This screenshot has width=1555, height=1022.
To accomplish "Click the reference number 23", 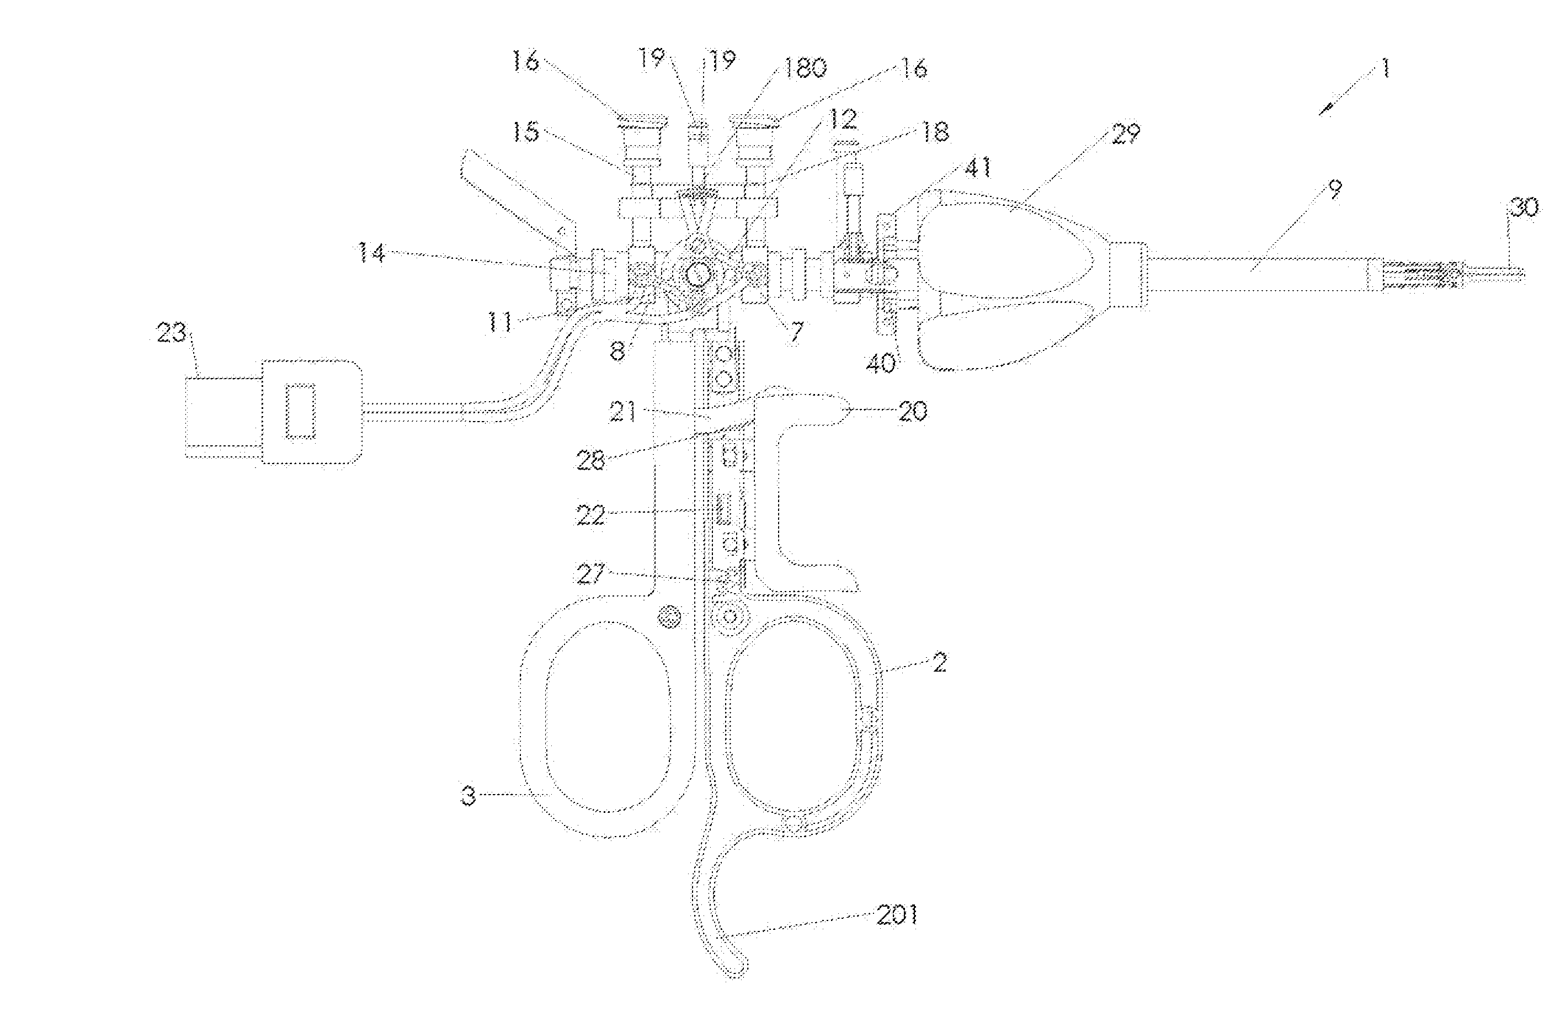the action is tap(172, 334).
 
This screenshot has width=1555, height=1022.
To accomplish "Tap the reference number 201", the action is tap(897, 915).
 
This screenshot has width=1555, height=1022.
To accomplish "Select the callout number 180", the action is tap(805, 67).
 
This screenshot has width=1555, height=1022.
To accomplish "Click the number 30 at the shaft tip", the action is tap(1523, 208).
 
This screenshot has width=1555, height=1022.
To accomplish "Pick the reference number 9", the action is tap(1335, 189).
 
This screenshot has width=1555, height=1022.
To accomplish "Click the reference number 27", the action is tap(590, 574).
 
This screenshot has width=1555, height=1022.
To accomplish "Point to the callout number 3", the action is tap(468, 796).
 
